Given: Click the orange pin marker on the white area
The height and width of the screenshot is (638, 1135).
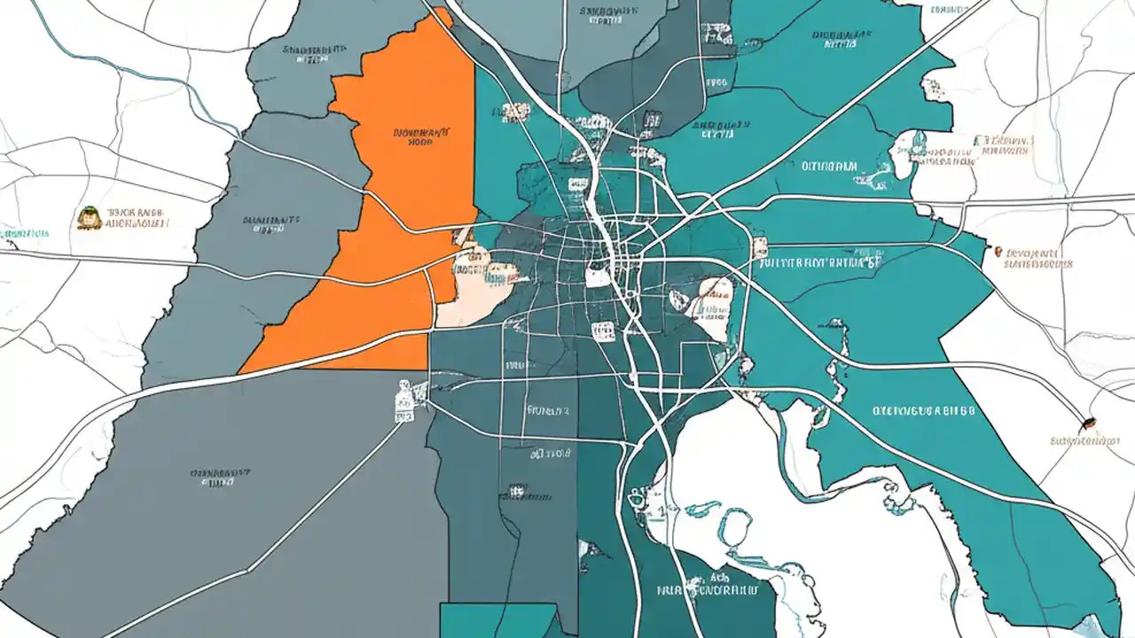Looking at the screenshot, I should tap(1000, 253).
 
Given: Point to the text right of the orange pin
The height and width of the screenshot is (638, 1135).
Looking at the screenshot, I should tap(1038, 258).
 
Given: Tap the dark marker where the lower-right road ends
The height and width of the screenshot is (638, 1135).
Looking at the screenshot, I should tap(1090, 423).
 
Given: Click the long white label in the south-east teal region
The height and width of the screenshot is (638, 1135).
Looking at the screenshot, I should tap(923, 411).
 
